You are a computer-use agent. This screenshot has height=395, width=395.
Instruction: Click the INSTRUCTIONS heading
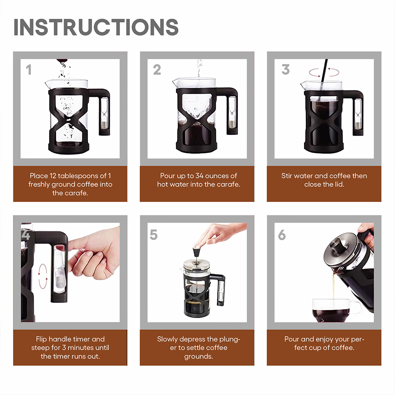click(96, 27)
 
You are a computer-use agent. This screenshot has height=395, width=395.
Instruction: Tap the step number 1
click(29, 70)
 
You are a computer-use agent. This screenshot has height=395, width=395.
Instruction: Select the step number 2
click(157, 70)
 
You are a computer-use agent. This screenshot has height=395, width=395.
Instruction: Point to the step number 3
click(285, 70)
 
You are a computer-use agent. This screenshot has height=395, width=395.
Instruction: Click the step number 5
click(154, 235)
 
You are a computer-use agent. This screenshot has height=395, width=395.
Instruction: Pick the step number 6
click(282, 235)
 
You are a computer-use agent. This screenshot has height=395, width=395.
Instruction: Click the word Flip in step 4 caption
click(41, 339)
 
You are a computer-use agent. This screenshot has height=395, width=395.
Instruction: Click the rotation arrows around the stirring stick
click(324, 72)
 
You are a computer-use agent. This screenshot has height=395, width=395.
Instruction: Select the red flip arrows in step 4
click(43, 276)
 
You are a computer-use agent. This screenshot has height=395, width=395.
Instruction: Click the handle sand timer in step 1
click(104, 113)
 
